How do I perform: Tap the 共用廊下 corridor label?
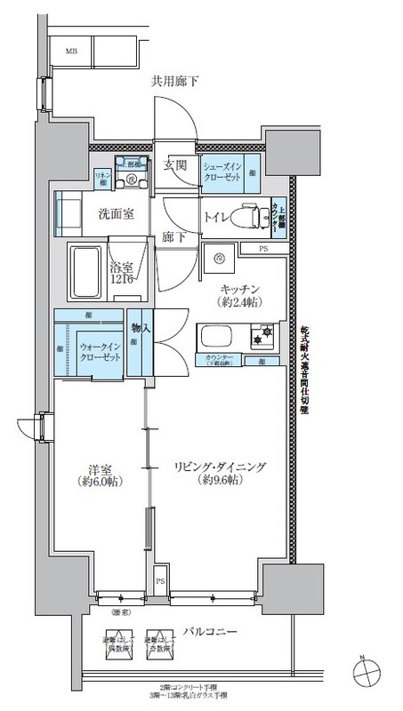click(173, 81)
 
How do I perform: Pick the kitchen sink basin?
click(215, 338)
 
